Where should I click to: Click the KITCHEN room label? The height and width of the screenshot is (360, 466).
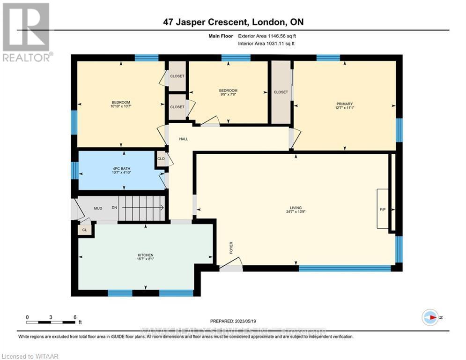click(145, 255)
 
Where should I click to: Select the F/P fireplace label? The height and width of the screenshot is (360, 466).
click(382, 209)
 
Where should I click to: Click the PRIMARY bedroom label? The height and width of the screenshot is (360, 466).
click(344, 104)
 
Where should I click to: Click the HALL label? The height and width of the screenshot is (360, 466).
click(184, 139)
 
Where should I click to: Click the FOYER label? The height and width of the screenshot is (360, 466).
click(231, 247)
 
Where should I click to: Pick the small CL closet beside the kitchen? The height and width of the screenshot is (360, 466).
click(84, 230)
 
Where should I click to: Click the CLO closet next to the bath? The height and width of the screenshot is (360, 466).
click(161, 159)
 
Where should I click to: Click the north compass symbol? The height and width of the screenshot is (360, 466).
click(430, 317)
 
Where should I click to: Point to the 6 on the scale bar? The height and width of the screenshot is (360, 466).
click(74, 317)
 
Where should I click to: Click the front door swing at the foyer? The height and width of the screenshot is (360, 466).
click(230, 266)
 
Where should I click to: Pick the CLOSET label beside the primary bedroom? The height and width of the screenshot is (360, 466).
click(281, 92)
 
